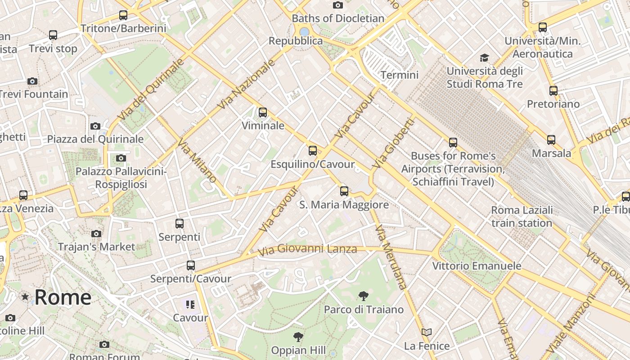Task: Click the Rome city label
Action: [x=63, y=297]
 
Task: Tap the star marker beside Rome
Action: [x=25, y=297]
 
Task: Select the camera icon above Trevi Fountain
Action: [x=32, y=81]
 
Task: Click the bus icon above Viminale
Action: [x=263, y=112]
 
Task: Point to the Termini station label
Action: [x=400, y=75]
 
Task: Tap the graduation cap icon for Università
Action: [x=484, y=58]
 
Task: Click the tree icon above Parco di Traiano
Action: [x=364, y=296]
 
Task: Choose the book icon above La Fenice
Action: [x=427, y=333]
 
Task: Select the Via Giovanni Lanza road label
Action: [x=308, y=249]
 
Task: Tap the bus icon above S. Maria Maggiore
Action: [x=344, y=191]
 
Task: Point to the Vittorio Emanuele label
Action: [x=477, y=265]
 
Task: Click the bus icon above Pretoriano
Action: [x=553, y=90]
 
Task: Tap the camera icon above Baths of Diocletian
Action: [x=338, y=5]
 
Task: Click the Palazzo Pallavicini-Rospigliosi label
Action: [x=121, y=178]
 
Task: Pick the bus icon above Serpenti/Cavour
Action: [x=191, y=265]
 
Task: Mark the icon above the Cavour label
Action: [x=190, y=305]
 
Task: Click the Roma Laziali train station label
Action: [x=522, y=216]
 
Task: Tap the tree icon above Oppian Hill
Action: [x=298, y=337]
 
